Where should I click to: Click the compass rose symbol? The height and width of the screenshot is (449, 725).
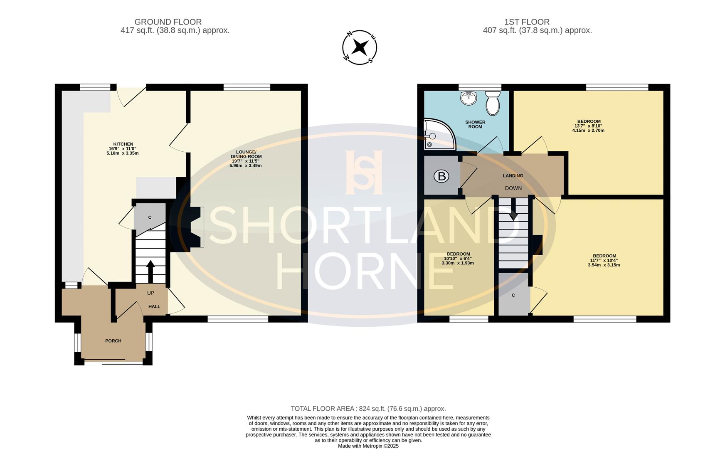(x=360, y=47)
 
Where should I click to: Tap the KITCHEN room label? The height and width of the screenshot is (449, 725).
(x=123, y=144)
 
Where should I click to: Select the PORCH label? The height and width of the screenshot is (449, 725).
(x=113, y=341)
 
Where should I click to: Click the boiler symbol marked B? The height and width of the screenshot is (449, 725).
(x=441, y=176)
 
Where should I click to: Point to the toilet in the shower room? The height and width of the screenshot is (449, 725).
(x=493, y=103)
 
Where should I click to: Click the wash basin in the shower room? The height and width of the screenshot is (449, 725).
(x=469, y=98)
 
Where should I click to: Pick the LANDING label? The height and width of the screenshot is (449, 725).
(x=513, y=176)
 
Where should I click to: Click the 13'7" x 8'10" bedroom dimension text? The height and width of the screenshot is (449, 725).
(x=588, y=126)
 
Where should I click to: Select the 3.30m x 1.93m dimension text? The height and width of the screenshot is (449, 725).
(x=458, y=263)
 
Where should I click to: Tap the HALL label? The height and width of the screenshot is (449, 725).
(x=154, y=307)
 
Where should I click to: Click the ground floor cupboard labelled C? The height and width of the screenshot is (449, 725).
(x=150, y=217)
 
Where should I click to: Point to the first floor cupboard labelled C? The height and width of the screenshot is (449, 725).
(x=513, y=295)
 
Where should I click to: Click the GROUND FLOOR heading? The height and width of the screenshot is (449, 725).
(x=168, y=22)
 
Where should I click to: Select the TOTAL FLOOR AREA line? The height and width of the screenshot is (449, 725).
(x=368, y=409)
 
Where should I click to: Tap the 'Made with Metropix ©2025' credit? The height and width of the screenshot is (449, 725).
(x=368, y=446)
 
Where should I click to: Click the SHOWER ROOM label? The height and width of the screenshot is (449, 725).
(x=475, y=124)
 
